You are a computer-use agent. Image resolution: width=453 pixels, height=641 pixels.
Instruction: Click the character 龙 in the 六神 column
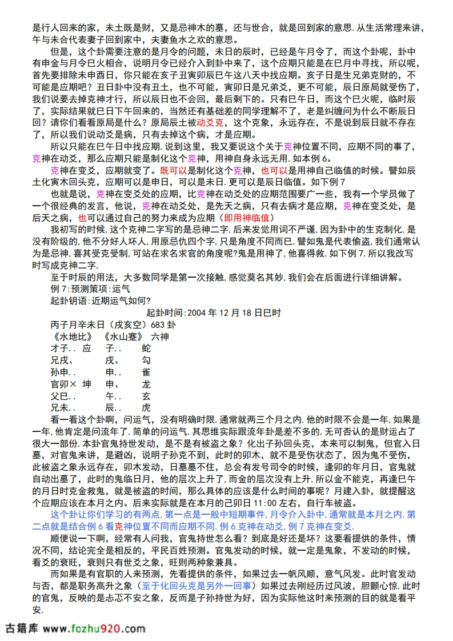146,383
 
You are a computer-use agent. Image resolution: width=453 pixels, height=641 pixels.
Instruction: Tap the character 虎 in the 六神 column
146,407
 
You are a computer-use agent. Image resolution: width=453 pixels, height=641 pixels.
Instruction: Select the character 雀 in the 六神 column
146,371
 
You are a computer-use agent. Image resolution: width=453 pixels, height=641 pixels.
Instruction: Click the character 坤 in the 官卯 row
87,383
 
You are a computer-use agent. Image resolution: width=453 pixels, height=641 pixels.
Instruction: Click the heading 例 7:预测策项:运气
90,289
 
